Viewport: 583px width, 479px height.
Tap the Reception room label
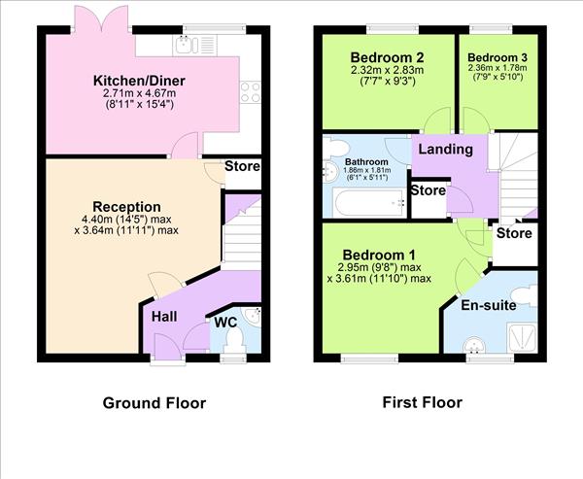[x=127, y=206]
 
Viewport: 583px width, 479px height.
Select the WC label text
[x=225, y=321]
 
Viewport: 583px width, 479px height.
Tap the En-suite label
[x=488, y=305]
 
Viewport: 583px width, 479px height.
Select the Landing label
[x=447, y=150]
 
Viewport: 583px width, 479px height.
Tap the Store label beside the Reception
[x=242, y=166]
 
